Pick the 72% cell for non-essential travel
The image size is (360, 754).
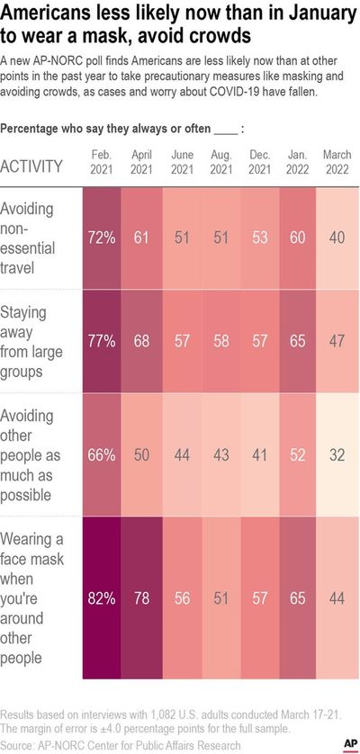click(102, 238)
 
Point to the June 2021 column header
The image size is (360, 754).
click(181, 162)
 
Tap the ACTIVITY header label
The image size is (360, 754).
click(31, 166)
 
